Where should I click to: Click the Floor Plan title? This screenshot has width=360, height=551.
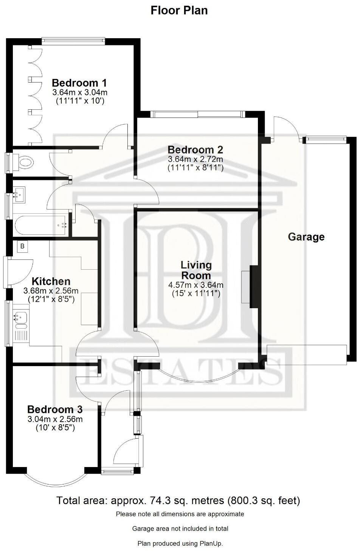pyautogui.click(x=179, y=10)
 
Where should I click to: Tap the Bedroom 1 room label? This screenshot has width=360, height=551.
pyautogui.click(x=79, y=83)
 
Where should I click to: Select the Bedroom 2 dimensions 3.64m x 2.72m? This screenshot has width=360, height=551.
pyautogui.click(x=195, y=159)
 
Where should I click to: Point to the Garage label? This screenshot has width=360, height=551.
pyautogui.click(x=306, y=237)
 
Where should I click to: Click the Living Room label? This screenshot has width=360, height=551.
pyautogui.click(x=196, y=270)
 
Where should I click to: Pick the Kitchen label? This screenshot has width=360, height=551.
pyautogui.click(x=51, y=281)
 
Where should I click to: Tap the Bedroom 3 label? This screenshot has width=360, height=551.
pyautogui.click(x=55, y=409)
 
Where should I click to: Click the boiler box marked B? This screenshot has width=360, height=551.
pyautogui.click(x=22, y=247)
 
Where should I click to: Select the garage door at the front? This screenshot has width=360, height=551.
pyautogui.click(x=306, y=355)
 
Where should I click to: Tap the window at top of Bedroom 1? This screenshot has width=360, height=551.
pyautogui.click(x=73, y=40)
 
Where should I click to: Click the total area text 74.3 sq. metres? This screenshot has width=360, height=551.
pyautogui.click(x=178, y=501)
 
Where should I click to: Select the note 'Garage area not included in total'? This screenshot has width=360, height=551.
pyautogui.click(x=180, y=528)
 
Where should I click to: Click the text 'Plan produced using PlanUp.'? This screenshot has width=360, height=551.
pyautogui.click(x=180, y=543)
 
